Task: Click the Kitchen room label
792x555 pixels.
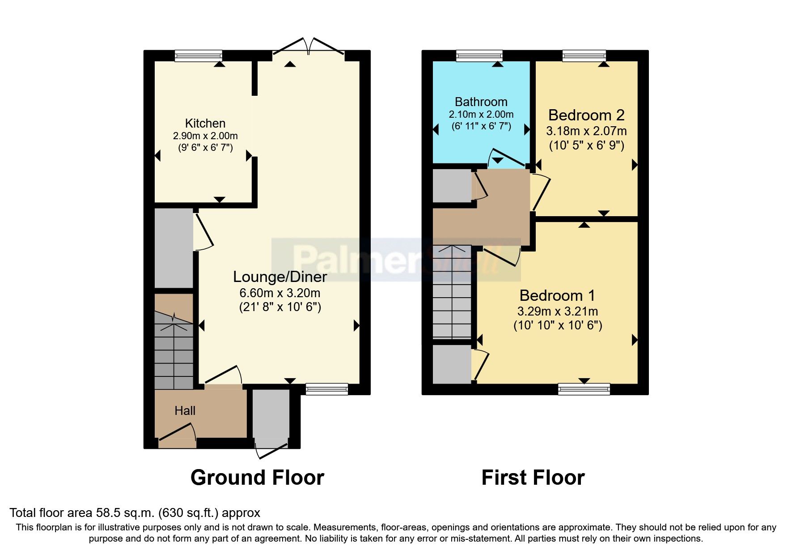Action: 205,124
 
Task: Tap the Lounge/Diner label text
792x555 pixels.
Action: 280,277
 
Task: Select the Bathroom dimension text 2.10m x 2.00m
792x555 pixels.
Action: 481,115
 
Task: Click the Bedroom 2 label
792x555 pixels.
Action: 586,115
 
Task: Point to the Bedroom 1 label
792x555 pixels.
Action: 557,296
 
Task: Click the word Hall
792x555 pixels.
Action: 185,411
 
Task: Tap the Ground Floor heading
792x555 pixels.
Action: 257,478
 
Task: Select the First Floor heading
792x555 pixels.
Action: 533,478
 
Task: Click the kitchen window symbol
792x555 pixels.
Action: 198,55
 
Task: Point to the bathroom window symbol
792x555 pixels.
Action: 479,55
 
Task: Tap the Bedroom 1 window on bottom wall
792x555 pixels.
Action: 584,389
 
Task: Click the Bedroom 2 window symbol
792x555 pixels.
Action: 584,55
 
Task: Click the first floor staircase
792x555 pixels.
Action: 452,293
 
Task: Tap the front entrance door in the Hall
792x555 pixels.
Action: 177,436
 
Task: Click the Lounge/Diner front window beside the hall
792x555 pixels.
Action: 326,389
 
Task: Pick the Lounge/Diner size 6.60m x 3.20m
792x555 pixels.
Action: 280,294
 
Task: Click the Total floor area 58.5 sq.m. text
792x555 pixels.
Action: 135,513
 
